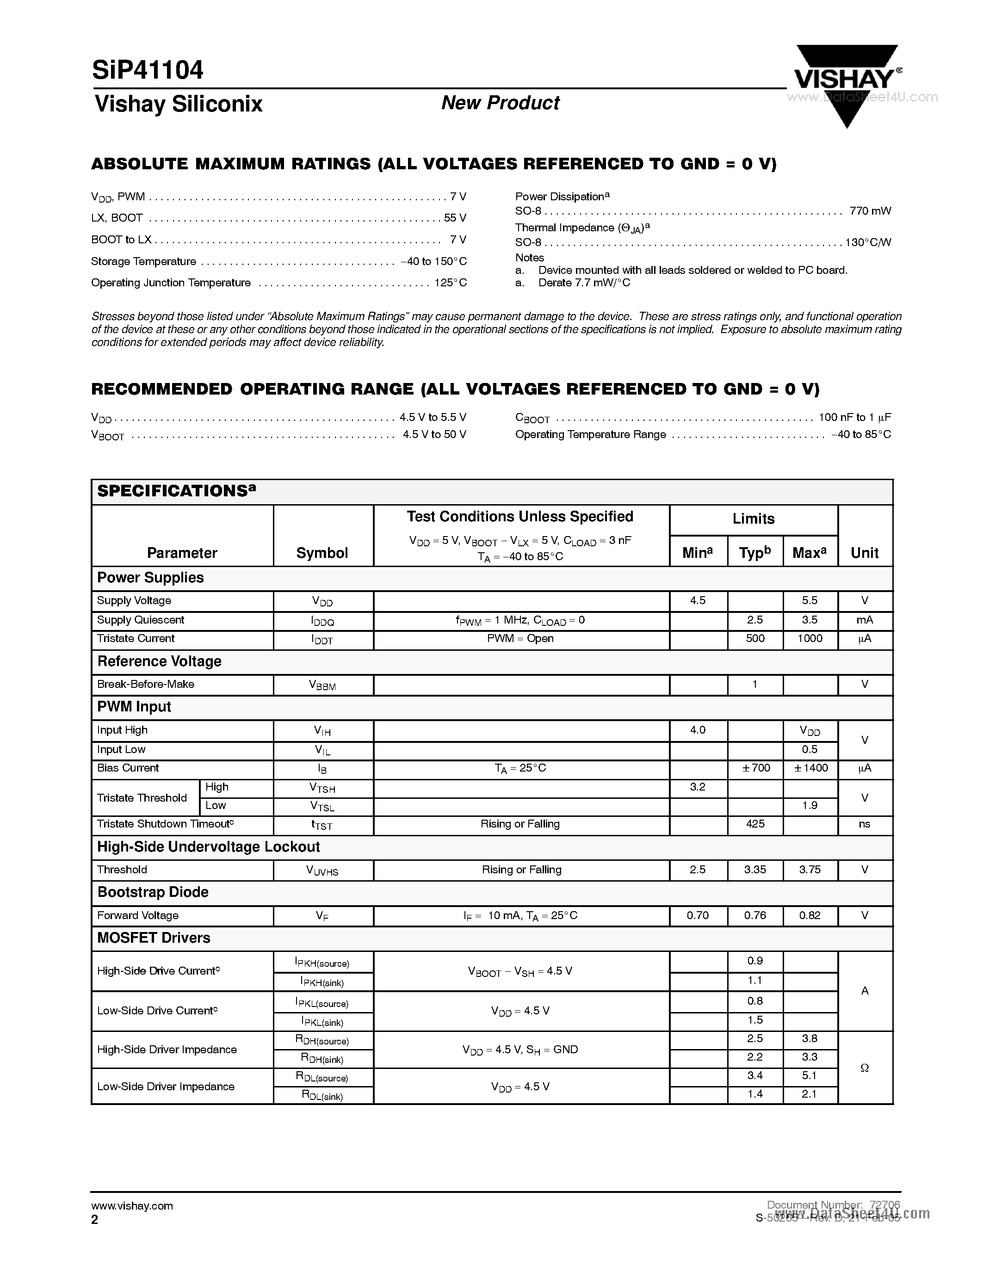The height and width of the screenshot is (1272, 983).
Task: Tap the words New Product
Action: pyautogui.click(x=500, y=103)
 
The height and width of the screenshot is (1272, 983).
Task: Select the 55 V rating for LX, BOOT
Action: pyautogui.click(x=455, y=218)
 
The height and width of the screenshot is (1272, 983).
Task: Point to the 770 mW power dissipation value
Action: pyautogui.click(x=870, y=211)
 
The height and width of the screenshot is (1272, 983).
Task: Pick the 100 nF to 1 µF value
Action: pyautogui.click(x=854, y=417)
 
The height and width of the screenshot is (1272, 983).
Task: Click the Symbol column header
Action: pyautogui.click(x=322, y=553)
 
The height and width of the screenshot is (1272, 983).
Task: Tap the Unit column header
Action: pyautogui.click(x=864, y=553)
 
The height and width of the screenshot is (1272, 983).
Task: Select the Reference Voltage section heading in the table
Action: pyautogui.click(x=159, y=661)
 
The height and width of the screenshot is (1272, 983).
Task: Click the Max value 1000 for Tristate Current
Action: pyautogui.click(x=810, y=638)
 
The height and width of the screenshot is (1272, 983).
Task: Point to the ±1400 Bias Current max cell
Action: pyautogui.click(x=810, y=768)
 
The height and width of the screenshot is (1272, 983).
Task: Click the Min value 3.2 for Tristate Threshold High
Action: pyautogui.click(x=698, y=787)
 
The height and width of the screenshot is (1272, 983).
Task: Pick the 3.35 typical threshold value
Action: pyautogui.click(x=755, y=870)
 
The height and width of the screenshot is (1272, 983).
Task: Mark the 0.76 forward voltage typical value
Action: pyautogui.click(x=755, y=915)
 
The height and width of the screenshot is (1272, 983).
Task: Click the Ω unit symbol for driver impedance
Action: pyautogui.click(x=864, y=1068)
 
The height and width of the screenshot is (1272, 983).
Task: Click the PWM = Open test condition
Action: pyautogui.click(x=520, y=638)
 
